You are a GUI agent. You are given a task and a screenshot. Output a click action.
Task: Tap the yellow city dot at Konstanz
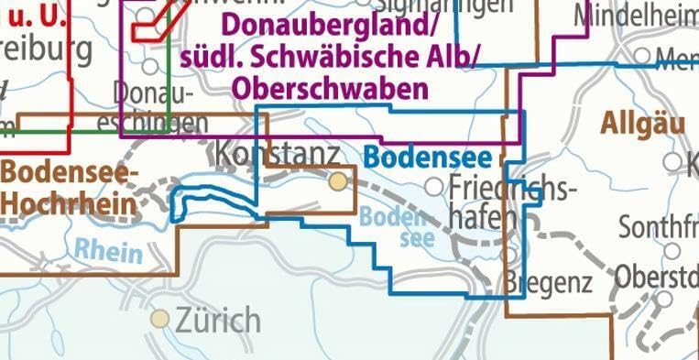339,181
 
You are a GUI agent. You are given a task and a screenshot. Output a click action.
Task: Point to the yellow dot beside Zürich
161,319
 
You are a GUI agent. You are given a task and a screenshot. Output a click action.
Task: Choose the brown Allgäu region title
644,125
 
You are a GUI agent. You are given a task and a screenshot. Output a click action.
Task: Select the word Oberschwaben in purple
331,89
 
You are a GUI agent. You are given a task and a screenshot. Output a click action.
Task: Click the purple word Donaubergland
299,22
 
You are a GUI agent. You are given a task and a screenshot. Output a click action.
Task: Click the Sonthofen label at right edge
658,225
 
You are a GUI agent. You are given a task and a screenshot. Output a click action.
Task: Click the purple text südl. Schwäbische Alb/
333,56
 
